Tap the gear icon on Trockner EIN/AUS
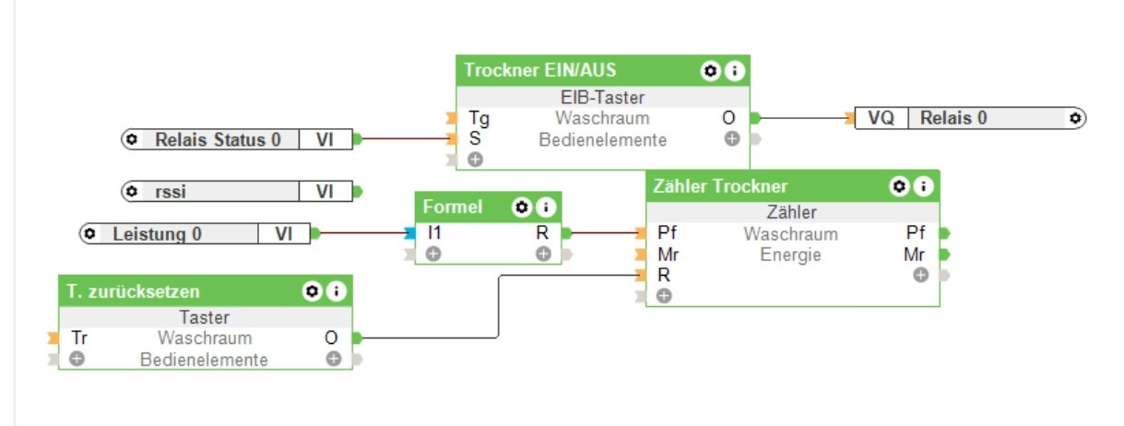(710, 70)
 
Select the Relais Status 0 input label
(218, 140)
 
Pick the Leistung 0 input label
(158, 234)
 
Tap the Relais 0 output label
(953, 118)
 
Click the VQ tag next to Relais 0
(881, 118)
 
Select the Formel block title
(453, 207)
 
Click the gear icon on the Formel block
(523, 207)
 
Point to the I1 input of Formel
(434, 233)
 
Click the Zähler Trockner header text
(720, 186)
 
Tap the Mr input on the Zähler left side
(668, 254)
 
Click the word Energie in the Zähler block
(790, 254)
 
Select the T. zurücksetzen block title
(133, 291)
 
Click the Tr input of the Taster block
(80, 338)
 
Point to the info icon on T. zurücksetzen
(337, 291)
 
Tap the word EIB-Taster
(603, 97)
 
